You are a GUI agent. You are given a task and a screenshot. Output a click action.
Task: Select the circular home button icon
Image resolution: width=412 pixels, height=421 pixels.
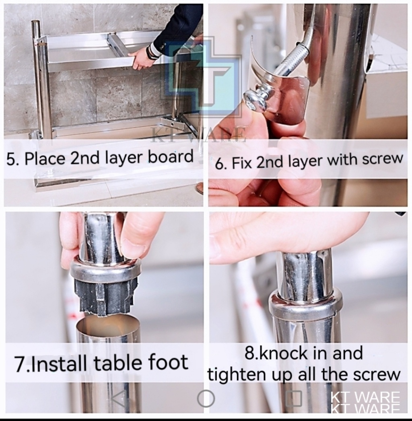(206, 398)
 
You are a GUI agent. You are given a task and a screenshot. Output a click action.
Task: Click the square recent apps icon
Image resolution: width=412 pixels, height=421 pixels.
(294, 398)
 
